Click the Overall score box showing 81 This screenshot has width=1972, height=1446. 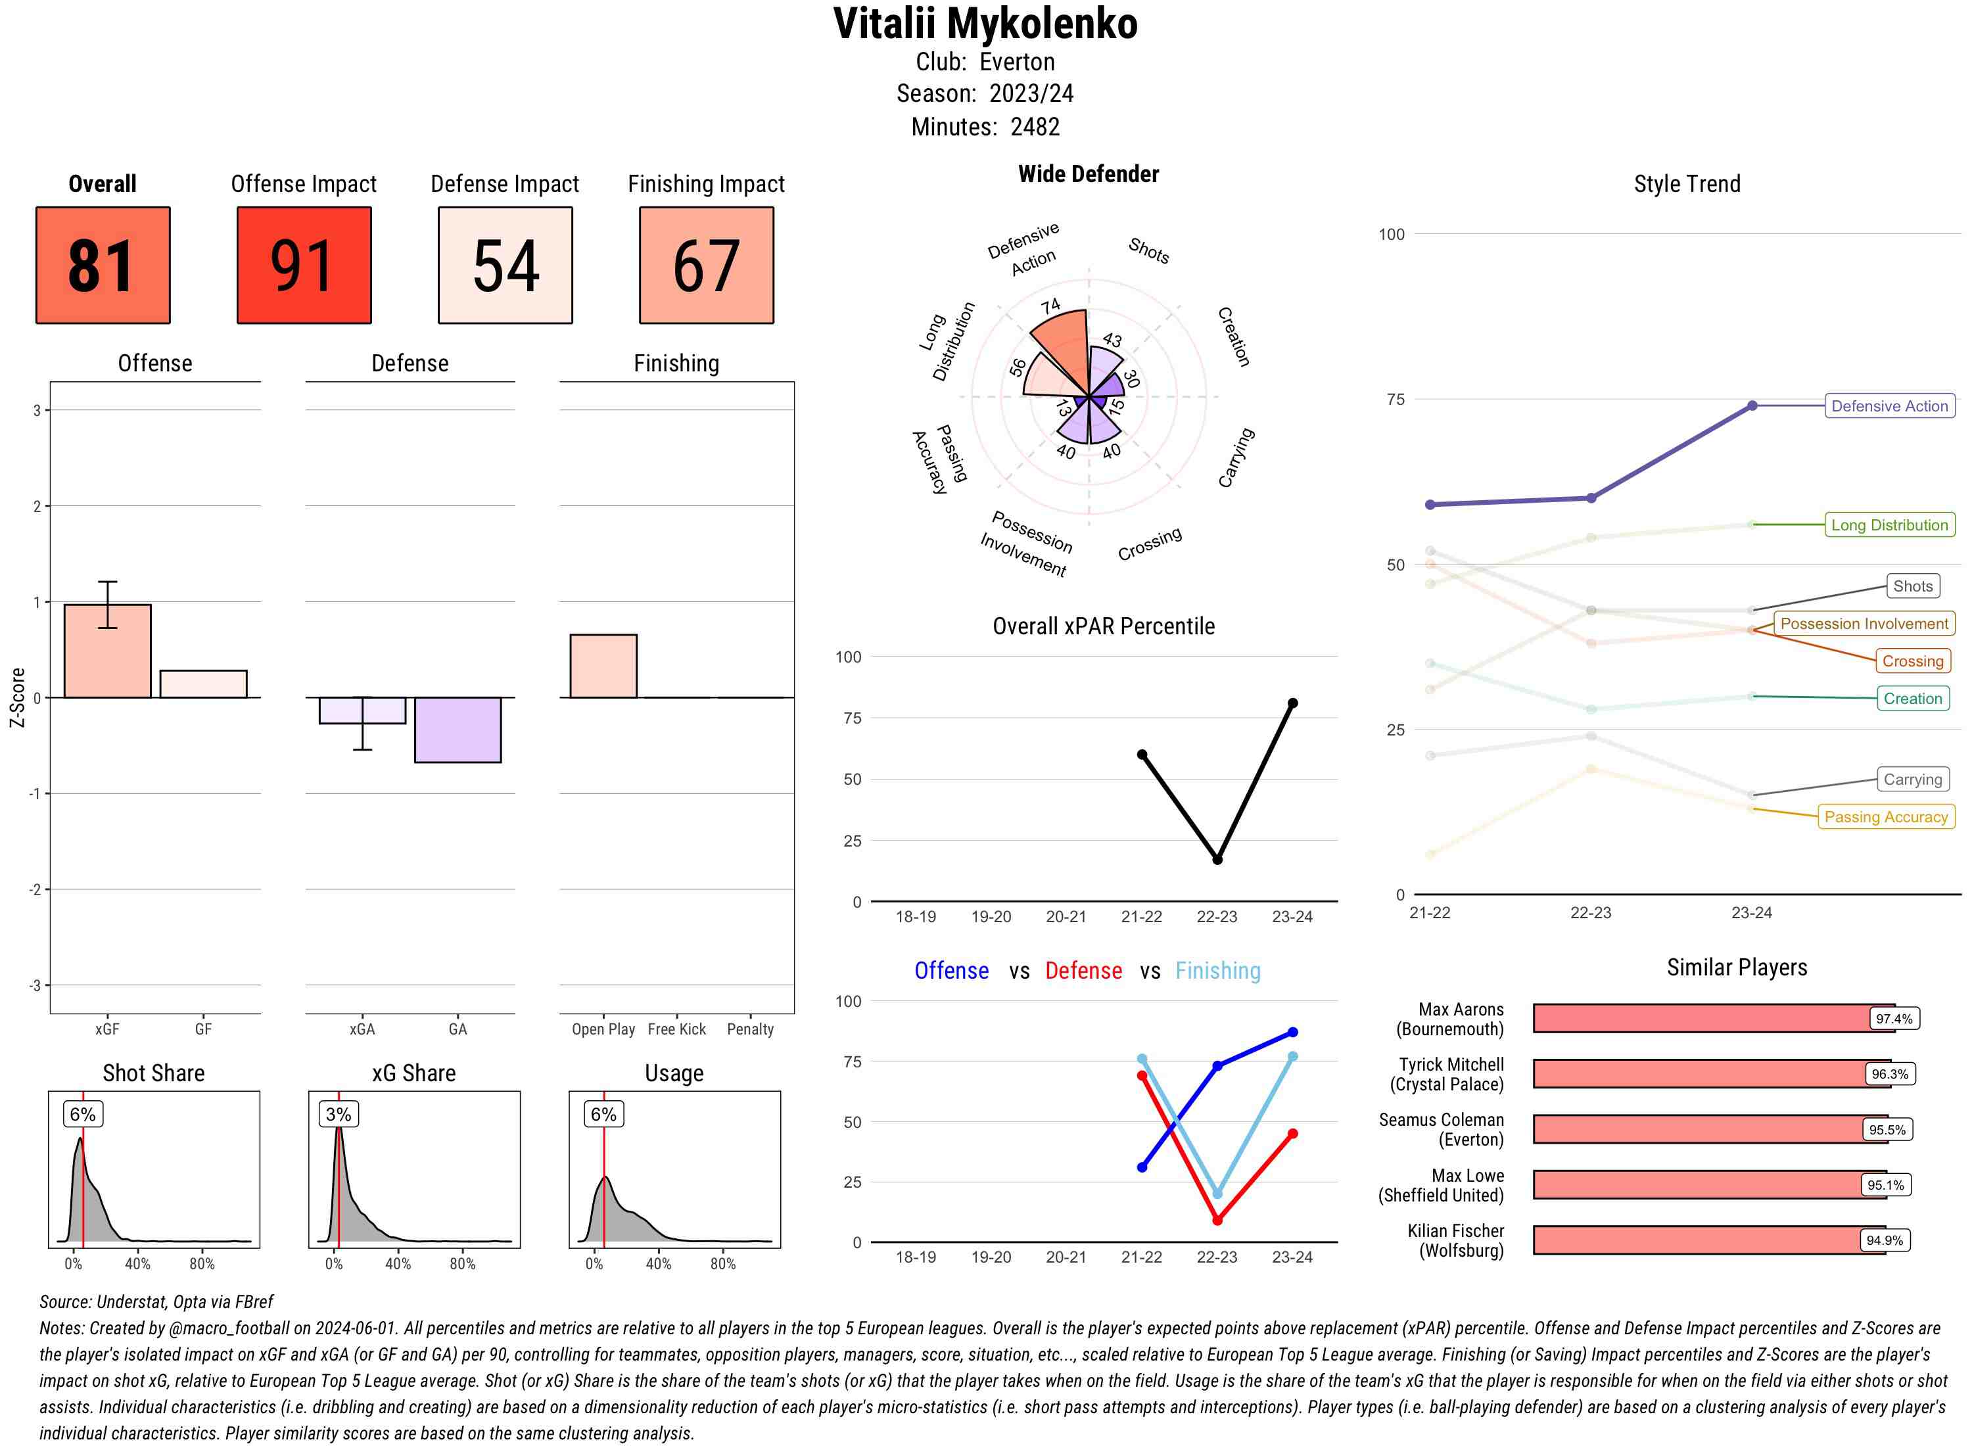tap(103, 266)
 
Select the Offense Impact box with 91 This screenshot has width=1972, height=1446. tap(304, 266)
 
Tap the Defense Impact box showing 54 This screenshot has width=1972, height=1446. tap(505, 266)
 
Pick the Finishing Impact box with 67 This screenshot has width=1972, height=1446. tap(707, 266)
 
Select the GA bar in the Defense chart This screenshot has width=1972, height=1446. tap(458, 730)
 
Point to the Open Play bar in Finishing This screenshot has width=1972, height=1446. tap(603, 666)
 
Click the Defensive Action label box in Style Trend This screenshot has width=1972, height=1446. tap(1889, 406)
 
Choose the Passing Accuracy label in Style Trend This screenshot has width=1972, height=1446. tap(1885, 816)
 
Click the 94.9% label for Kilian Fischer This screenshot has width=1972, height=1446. tap(1885, 1240)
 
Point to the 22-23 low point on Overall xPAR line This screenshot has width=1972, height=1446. tap(1217, 860)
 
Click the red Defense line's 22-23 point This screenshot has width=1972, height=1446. tap(1217, 1219)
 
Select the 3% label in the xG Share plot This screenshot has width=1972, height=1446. tap(338, 1114)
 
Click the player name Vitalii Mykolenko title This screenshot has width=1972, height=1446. tap(985, 24)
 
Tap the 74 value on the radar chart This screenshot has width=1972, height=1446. tap(1050, 306)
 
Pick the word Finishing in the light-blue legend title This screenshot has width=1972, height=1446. tap(1217, 971)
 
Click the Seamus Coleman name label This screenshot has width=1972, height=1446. tap(1441, 1129)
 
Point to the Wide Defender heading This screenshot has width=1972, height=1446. tap(1088, 174)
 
